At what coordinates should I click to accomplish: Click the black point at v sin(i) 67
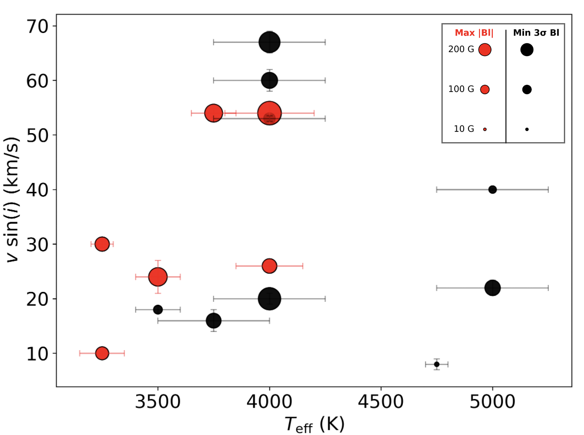click(x=269, y=42)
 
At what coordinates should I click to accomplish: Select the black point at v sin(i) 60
click(x=269, y=80)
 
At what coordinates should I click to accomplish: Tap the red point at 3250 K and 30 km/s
click(x=102, y=244)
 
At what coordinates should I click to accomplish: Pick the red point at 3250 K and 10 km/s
click(x=102, y=353)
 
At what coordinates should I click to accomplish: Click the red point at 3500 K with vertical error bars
click(x=158, y=277)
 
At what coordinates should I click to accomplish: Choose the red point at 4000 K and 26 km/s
click(x=269, y=266)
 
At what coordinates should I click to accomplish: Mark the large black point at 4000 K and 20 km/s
click(x=269, y=298)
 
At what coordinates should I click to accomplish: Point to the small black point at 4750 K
click(x=437, y=364)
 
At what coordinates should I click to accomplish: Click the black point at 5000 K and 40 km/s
click(x=492, y=189)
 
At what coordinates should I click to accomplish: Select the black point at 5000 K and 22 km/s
click(x=492, y=288)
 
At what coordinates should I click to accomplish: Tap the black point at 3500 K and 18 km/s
click(x=158, y=310)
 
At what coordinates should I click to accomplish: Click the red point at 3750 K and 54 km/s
click(x=214, y=113)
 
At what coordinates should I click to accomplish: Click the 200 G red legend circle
click(x=485, y=50)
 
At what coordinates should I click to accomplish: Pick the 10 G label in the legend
click(x=464, y=129)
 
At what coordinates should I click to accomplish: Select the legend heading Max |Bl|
click(x=474, y=33)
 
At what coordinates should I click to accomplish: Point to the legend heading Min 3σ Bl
click(x=536, y=33)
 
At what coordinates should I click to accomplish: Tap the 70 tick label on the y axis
click(x=38, y=27)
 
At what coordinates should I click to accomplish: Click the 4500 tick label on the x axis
click(x=381, y=402)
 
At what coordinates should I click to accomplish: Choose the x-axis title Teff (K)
click(x=315, y=424)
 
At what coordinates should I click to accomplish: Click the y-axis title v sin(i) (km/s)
click(x=12, y=200)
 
